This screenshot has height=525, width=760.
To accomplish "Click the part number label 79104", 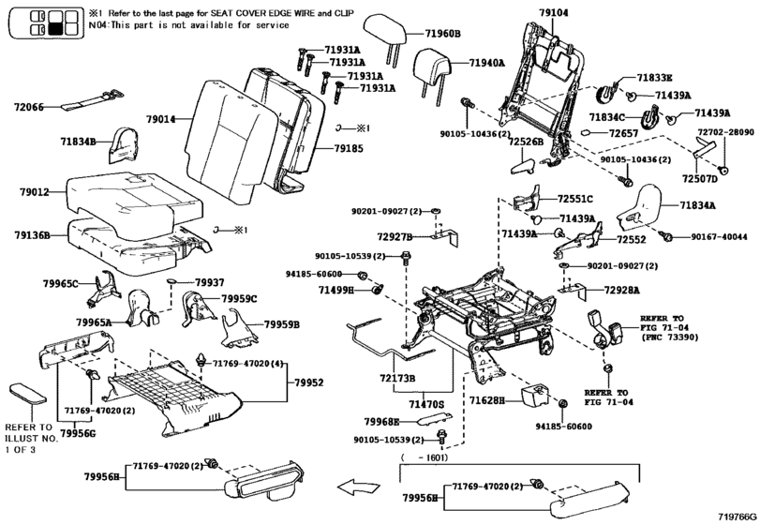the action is [554, 12].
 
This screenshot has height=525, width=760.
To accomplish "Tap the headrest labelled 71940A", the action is [433, 67].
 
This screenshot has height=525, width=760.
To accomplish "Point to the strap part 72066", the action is [92, 100].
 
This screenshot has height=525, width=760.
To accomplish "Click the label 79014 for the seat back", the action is [161, 119].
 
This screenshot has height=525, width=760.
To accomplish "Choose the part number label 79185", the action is [349, 148].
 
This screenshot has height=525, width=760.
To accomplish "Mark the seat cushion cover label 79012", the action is [35, 192].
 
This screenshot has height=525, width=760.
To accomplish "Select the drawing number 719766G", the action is [737, 517].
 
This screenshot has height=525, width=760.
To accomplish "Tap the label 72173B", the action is [397, 378].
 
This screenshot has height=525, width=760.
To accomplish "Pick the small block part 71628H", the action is [535, 395].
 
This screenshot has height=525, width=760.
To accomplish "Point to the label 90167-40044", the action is [719, 237].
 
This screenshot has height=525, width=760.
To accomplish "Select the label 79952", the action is [308, 382].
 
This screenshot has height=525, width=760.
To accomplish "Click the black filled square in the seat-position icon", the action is [54, 29].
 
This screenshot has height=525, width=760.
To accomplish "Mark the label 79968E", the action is [382, 422].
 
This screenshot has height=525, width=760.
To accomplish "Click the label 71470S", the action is [426, 404].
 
